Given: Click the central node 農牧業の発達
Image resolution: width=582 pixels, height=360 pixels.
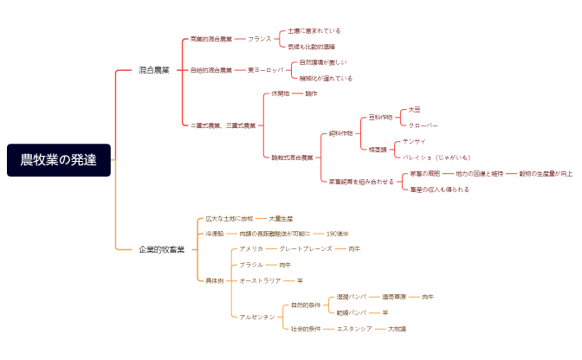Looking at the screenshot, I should (59, 160).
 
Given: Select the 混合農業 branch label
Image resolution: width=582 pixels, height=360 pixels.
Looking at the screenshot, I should (155, 70).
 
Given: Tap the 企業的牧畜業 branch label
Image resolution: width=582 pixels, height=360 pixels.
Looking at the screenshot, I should (162, 249).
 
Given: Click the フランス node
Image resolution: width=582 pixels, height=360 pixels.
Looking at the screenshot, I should (259, 39).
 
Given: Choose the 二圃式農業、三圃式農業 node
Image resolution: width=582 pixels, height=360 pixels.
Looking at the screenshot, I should (223, 125).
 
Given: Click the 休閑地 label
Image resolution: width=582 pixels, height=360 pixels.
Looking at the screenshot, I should (281, 93).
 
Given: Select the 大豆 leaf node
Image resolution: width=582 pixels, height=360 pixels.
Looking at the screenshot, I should (414, 109).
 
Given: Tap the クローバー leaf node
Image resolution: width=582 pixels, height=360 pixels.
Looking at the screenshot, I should (423, 125).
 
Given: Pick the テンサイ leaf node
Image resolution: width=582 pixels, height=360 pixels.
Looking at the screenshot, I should (414, 141).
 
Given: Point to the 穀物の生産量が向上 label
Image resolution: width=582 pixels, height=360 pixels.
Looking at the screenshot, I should (546, 173).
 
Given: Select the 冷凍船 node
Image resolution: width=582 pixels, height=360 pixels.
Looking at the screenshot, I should (214, 234).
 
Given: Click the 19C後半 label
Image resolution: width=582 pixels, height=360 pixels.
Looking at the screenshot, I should (338, 234).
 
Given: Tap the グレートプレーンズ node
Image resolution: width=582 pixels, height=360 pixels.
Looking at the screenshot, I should (306, 249).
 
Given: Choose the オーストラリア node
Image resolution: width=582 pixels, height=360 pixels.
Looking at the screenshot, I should (260, 280).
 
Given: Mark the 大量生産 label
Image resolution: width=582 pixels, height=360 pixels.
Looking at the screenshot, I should (281, 218).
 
